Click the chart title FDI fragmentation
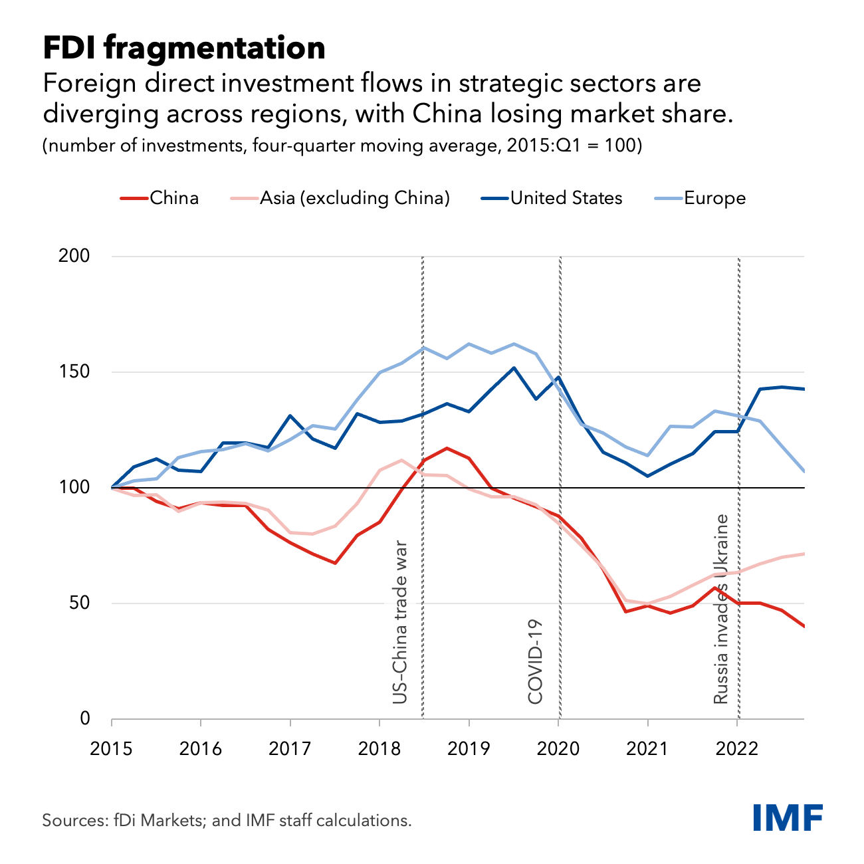click(x=184, y=49)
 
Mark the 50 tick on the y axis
click(x=79, y=603)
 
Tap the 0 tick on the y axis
click(x=84, y=718)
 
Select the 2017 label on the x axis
click(x=290, y=749)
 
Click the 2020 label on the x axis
click(x=558, y=749)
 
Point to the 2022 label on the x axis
click(x=737, y=749)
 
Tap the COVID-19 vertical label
click(x=536, y=661)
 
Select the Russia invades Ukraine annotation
click(x=721, y=609)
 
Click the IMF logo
click(x=788, y=817)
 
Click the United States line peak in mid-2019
click(x=514, y=368)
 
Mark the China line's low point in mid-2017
click(x=335, y=563)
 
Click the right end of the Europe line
click(x=804, y=471)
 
